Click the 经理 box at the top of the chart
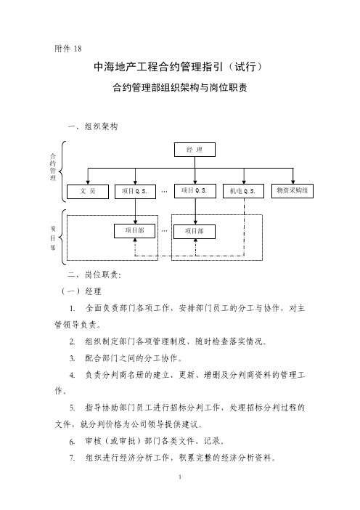(x=195, y=150)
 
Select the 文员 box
(x=88, y=192)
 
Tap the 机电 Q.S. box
(x=243, y=191)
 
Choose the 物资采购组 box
(x=292, y=191)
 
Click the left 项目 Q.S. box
(x=135, y=192)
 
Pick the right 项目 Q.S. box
(x=195, y=191)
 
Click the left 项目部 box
(x=134, y=230)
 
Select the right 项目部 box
(x=195, y=232)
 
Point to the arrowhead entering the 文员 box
(x=88, y=182)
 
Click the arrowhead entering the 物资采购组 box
(x=293, y=182)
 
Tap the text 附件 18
(x=68, y=49)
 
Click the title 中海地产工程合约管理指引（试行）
(x=178, y=67)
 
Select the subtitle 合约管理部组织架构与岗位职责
(x=180, y=87)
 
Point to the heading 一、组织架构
(x=93, y=126)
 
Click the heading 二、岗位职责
(x=94, y=275)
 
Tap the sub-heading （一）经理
(x=81, y=291)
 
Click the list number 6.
(x=72, y=442)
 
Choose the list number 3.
(x=72, y=358)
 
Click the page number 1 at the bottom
(x=180, y=477)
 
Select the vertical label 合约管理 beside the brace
(x=53, y=167)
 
